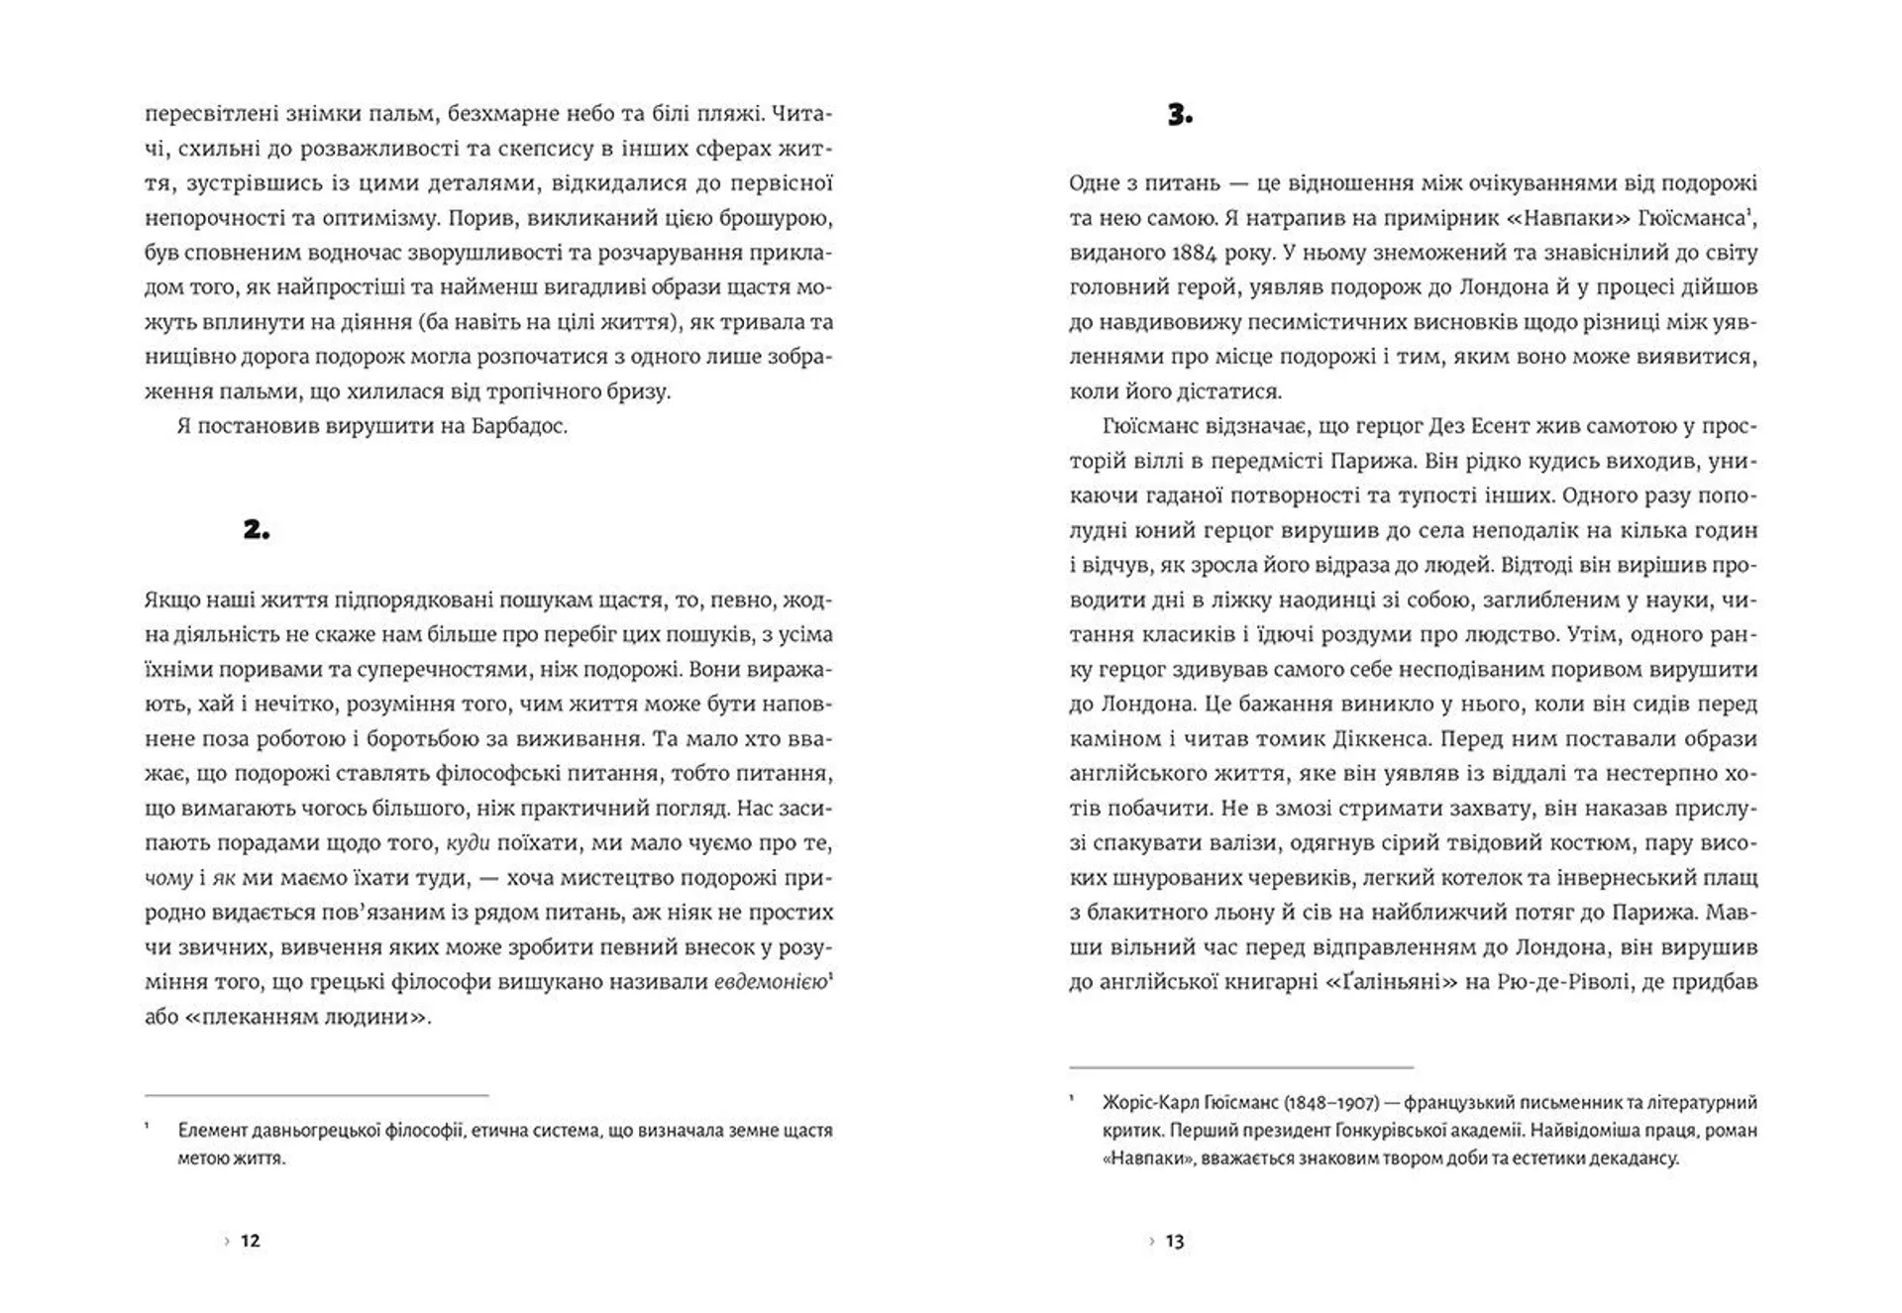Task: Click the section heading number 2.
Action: (x=256, y=530)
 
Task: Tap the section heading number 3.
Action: (x=1180, y=116)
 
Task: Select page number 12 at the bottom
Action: (x=251, y=1241)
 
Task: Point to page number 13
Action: (x=1175, y=1241)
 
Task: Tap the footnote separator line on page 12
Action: (x=317, y=1095)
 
